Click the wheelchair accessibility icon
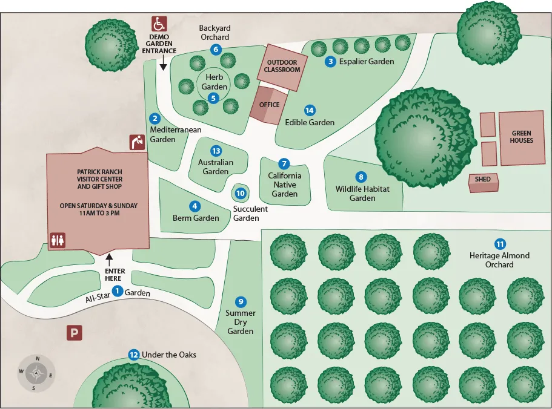coord(159,24)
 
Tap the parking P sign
coord(74,333)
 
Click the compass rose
coord(36,373)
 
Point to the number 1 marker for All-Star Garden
coord(118,291)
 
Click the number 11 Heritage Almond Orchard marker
coord(500,244)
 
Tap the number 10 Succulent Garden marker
coord(241,194)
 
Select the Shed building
coord(483,182)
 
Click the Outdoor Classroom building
coord(282,66)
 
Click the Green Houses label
coord(521,137)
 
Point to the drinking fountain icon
coord(138,142)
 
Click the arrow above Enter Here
coord(109,258)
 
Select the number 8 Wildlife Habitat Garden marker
coord(361,177)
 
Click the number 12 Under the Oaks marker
coord(134,355)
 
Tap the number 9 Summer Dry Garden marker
coord(241,302)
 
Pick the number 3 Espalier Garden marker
coord(330,61)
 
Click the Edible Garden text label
coord(310,122)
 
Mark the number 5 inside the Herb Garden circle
coord(213,97)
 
